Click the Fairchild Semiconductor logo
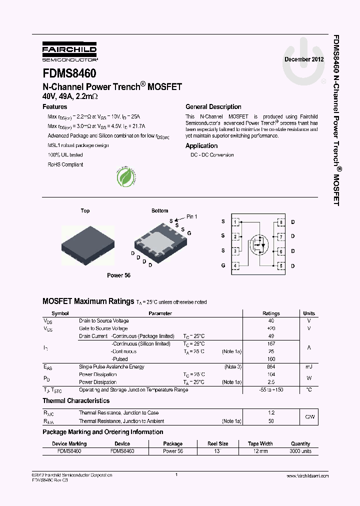tap(69, 51)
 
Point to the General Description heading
tap(213, 107)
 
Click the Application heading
tap(201, 146)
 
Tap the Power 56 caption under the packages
tap(118, 275)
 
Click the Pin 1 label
tap(192, 216)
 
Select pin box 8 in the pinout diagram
tap(281, 221)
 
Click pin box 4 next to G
tap(236, 265)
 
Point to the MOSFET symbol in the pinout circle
tap(259, 244)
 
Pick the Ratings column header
tap(271, 313)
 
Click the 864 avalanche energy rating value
tap(271, 367)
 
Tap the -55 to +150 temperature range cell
tap(271, 389)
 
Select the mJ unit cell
tap(309, 367)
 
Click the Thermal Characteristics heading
tap(76, 401)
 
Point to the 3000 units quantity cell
tap(300, 451)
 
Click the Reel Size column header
tap(217, 443)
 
